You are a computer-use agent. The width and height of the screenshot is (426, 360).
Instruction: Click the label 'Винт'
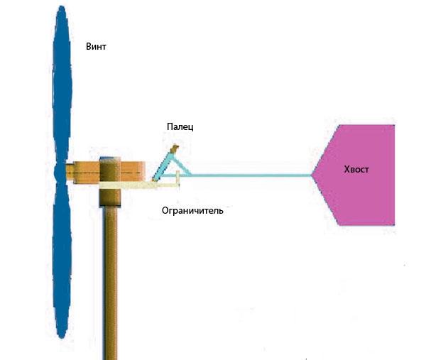pos(96,46)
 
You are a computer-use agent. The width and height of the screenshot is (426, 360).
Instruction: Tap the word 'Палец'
pos(180,126)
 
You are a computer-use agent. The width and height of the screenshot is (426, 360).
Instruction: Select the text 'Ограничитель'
pos(192,211)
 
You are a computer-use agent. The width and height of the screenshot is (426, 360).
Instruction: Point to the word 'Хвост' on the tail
pos(356,169)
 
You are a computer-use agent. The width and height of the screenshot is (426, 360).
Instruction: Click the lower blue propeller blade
pos(62,258)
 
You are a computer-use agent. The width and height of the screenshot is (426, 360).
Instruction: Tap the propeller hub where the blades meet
pos(60,173)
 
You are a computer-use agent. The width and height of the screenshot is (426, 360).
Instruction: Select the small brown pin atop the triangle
pos(174,148)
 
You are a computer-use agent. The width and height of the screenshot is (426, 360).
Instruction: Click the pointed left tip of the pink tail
pos(312,175)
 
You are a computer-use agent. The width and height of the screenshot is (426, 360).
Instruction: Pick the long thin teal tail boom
pos(251,175)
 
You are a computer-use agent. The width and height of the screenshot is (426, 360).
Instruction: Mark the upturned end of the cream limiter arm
pos(178,179)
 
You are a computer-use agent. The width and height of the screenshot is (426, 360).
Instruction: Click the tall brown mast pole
pos(111,283)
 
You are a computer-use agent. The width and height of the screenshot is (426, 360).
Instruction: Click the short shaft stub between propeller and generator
pos(70,173)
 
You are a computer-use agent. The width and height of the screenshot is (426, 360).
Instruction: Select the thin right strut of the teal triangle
pos(182,165)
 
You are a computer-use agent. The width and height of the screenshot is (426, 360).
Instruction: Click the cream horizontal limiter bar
pos(138,185)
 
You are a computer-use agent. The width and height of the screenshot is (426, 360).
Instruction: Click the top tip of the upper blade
pos(62,6)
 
